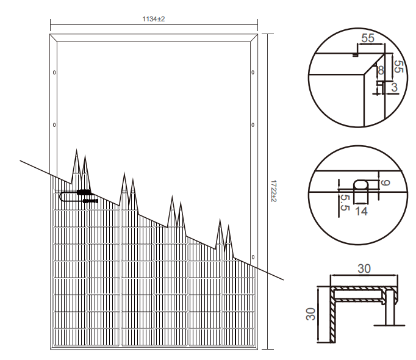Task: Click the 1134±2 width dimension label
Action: (153, 19)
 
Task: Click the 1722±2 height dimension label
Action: (274, 191)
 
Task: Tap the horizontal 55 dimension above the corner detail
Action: (368, 38)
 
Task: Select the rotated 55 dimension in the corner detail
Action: (399, 67)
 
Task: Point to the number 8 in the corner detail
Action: (381, 70)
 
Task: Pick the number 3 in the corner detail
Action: (394, 87)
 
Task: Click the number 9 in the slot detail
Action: (386, 182)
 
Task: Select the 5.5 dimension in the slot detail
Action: (345, 203)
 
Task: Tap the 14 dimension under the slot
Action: (361, 211)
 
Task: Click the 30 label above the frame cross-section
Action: (364, 268)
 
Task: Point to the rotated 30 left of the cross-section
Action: (310, 314)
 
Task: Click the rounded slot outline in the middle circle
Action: (361, 180)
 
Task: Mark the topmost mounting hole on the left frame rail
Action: (54, 73)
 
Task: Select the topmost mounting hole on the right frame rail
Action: (253, 73)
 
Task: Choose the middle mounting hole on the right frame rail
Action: (253, 124)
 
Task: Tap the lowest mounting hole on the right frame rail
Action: (253, 257)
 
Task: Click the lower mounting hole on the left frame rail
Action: (54, 124)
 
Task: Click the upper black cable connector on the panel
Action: (84, 192)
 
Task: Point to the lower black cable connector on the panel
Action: (90, 201)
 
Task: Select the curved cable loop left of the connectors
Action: (60, 196)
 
